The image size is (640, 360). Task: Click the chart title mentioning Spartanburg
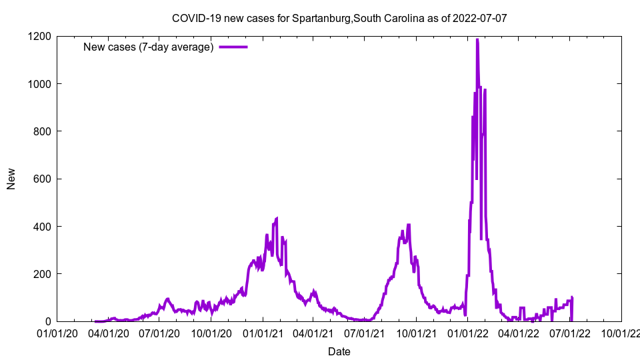[339, 18]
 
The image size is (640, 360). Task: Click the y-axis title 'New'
[11, 179]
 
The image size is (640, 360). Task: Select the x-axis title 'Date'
[339, 351]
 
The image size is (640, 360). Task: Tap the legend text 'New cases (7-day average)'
[148, 47]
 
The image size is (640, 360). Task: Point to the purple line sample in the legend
[233, 47]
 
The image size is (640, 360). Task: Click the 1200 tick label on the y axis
[40, 36]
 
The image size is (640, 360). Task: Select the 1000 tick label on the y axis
[40, 84]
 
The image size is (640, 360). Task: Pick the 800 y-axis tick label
[43, 131]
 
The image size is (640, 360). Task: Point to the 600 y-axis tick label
[43, 179]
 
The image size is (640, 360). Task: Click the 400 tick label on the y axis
[43, 227]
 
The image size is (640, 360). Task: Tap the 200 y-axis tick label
[43, 274]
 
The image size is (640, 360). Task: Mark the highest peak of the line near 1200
[477, 40]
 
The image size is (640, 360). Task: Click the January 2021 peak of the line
[277, 218]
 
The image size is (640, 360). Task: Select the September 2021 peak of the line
[409, 225]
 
